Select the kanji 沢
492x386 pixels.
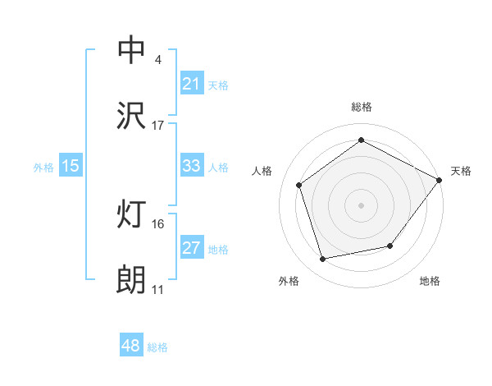click(x=131, y=116)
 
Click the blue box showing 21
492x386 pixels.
click(x=191, y=84)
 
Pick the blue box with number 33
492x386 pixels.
click(x=191, y=166)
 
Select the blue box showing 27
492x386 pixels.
click(x=191, y=248)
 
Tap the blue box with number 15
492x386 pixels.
click(x=71, y=166)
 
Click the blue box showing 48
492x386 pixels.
click(x=131, y=346)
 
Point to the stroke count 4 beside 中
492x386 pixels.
click(x=157, y=60)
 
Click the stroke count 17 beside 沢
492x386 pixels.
click(x=157, y=126)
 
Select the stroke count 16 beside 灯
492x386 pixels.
click(x=157, y=224)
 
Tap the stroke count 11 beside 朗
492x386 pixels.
click(x=157, y=290)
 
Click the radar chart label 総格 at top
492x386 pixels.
click(x=362, y=107)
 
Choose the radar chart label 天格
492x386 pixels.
click(x=461, y=171)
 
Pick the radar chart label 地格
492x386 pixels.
click(x=430, y=282)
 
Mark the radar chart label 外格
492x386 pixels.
click(x=289, y=282)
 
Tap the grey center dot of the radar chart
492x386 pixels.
click(x=362, y=204)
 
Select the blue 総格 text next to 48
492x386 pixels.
click(x=157, y=347)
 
